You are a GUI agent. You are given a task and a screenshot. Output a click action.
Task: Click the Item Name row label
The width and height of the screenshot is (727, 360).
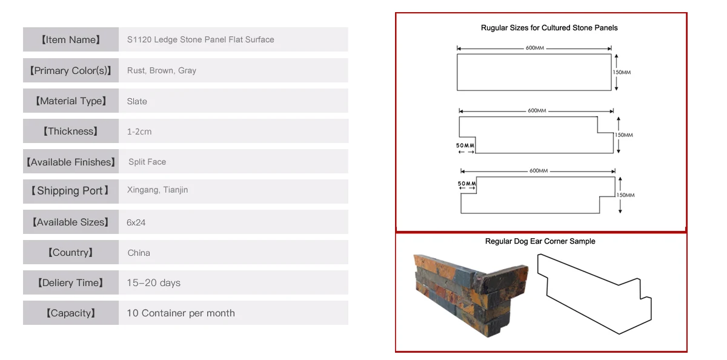(71, 40)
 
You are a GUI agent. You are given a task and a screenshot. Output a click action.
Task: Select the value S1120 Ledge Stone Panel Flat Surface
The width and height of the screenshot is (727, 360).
(201, 40)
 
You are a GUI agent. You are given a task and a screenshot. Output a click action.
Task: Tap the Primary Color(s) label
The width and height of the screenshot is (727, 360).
(71, 70)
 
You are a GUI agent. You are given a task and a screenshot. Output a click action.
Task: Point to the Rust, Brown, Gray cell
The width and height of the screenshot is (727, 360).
(162, 70)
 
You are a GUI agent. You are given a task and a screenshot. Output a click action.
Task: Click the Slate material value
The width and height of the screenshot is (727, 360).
(137, 101)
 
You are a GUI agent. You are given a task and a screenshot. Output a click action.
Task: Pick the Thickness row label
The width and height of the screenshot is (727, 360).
(71, 132)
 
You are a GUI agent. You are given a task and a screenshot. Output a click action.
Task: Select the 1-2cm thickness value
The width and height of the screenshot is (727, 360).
(139, 132)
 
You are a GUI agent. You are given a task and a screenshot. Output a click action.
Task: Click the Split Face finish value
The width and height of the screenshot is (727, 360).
(147, 162)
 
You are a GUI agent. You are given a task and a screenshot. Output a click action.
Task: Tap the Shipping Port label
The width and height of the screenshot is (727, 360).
(71, 191)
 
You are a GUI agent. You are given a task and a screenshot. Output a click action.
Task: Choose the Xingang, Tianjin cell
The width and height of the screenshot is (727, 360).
(158, 190)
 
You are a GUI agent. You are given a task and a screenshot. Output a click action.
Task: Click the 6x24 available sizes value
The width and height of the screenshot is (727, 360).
(136, 222)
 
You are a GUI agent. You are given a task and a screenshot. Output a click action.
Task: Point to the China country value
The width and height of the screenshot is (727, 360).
(139, 253)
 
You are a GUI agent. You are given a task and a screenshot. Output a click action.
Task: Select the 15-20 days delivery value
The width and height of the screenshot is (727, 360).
(154, 283)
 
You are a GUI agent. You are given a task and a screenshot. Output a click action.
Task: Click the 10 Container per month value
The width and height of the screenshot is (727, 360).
(181, 313)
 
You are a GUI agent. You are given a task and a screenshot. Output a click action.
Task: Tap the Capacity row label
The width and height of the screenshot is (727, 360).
(71, 313)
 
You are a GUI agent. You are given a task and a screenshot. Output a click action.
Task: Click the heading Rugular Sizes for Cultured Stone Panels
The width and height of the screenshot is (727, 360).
(549, 28)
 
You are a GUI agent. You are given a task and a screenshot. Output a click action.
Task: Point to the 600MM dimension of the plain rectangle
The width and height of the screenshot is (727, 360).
(534, 48)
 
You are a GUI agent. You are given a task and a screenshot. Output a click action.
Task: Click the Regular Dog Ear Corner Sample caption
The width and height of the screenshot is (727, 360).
(540, 241)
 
